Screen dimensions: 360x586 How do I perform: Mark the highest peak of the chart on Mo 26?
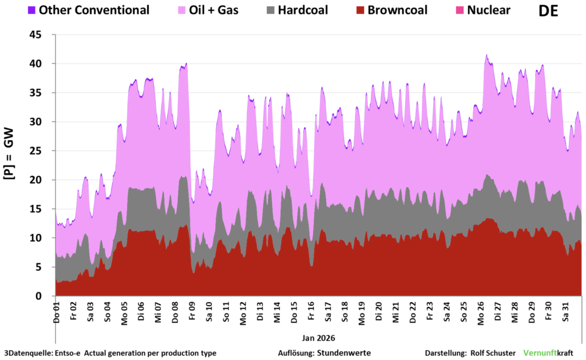486,55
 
